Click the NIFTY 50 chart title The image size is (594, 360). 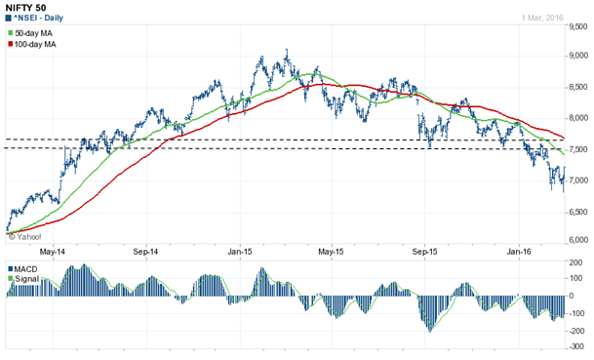point(26,7)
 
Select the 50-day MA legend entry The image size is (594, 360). point(35,34)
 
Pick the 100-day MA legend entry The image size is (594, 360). point(38,46)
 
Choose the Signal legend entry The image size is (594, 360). point(26,279)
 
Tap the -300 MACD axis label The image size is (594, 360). point(576,349)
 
